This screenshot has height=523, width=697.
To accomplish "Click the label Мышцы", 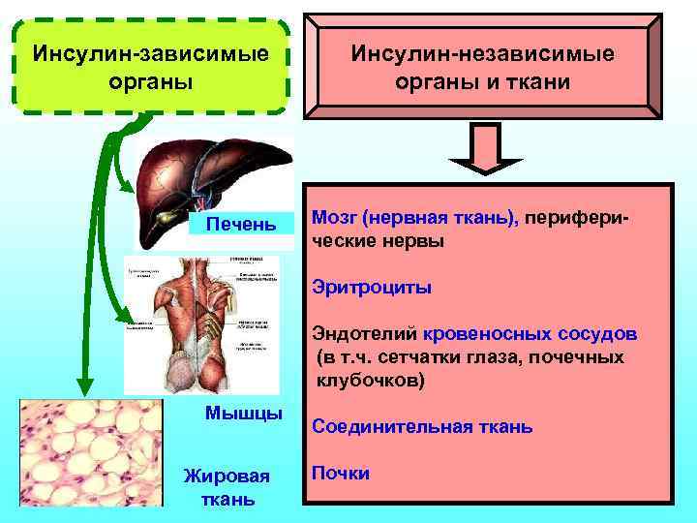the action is pos(244,414).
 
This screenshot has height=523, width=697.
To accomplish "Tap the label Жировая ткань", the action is pos(228,487).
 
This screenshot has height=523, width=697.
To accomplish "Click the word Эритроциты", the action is pos(372,288).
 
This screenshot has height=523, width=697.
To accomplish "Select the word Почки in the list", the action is pos(340,473).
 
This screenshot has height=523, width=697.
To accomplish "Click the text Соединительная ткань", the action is pos(421,426).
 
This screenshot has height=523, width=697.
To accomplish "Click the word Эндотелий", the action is pos(364,335).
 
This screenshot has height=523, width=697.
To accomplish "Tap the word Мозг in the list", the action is pos(330,220).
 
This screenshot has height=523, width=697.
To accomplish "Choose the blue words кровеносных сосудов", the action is pos(530,335).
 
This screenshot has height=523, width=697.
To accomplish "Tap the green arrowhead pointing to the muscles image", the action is pos(124,315).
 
